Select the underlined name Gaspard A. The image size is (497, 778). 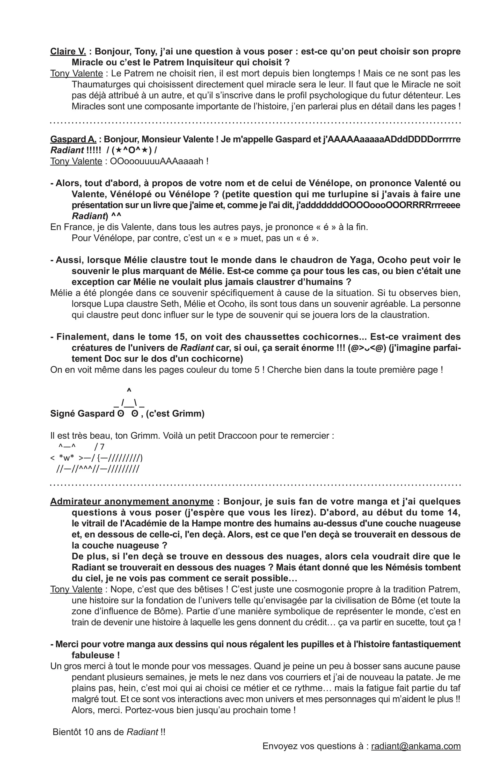[73, 139]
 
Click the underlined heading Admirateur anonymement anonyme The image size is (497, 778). [132, 501]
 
